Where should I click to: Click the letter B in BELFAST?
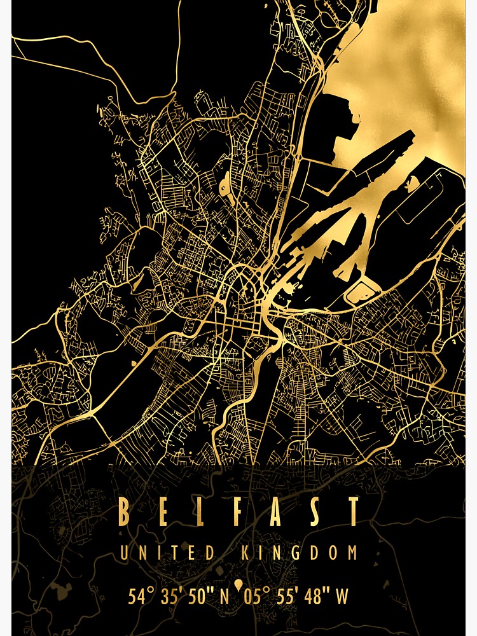125,512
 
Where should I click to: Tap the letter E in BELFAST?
163,512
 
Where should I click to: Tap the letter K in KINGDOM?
246,553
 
